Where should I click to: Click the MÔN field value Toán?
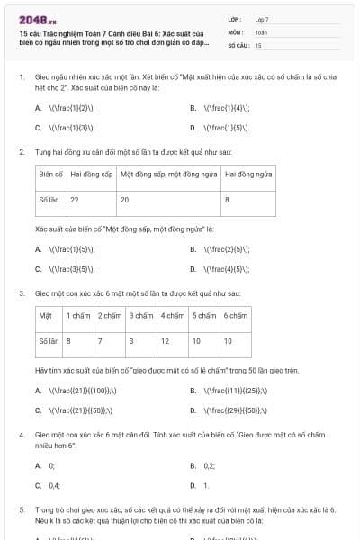(261, 31)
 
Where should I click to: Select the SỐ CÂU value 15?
(258, 44)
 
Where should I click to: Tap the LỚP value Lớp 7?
(262, 19)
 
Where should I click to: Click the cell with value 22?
(75, 199)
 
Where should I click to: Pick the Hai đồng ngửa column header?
(248, 173)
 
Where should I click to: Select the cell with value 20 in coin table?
(125, 199)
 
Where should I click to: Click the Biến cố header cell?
(51, 173)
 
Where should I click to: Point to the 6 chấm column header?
(236, 315)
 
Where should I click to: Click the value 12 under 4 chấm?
(166, 341)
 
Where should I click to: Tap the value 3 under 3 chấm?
(131, 341)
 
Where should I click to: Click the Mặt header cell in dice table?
(45, 315)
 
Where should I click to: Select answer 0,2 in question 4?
(209, 465)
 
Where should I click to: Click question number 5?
(22, 510)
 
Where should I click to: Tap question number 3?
(22, 293)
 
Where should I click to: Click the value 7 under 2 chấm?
(101, 341)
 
